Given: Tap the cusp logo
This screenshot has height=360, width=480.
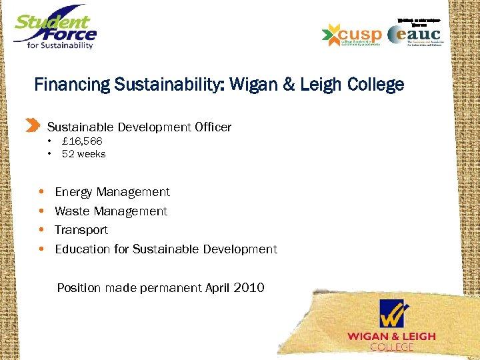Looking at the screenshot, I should (351, 35).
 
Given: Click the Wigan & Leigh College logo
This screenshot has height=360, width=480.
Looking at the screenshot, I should (391, 325).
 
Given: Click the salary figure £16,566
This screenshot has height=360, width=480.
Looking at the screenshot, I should (82, 141).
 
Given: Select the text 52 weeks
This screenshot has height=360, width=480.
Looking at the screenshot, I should (83, 154).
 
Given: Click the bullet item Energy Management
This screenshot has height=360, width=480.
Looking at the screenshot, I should (112, 192).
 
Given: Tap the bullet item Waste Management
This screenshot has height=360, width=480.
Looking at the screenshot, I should (111, 211).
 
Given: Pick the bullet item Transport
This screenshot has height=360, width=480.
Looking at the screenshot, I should (81, 230).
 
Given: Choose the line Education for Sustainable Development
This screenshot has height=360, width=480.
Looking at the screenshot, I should (165, 249).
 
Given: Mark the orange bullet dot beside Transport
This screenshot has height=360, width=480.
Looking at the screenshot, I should (41, 230).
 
